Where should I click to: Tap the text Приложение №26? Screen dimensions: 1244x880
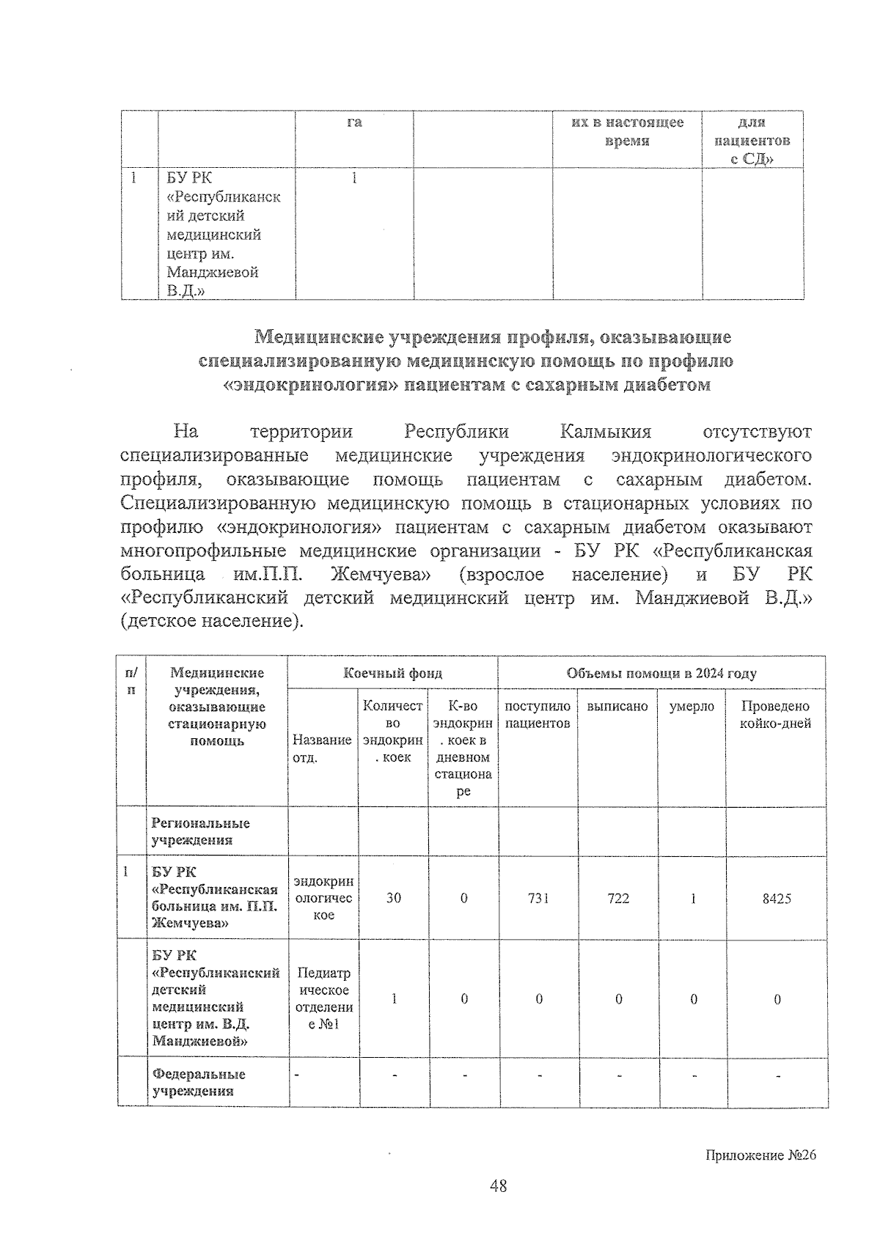[760, 1155]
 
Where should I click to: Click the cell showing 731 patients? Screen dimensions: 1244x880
[538, 898]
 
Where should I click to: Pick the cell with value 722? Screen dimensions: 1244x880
[618, 898]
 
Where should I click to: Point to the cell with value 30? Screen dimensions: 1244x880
[394, 898]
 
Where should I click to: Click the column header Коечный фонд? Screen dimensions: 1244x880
[393, 673]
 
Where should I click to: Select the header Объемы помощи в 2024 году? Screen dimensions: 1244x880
[661, 673]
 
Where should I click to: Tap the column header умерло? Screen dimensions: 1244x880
[692, 707]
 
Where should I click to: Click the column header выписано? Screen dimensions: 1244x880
[617, 707]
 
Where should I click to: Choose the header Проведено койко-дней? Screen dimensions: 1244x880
[776, 715]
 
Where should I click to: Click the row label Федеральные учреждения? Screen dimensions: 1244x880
[198, 1082]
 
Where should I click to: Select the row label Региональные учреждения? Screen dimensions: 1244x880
[200, 831]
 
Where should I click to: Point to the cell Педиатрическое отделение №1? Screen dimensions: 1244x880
[323, 998]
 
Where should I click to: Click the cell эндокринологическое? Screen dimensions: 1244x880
[323, 898]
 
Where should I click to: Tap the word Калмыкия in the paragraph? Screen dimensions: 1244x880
[605, 431]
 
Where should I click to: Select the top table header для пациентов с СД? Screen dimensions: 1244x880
[752, 141]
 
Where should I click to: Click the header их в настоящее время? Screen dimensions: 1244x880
[627, 131]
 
